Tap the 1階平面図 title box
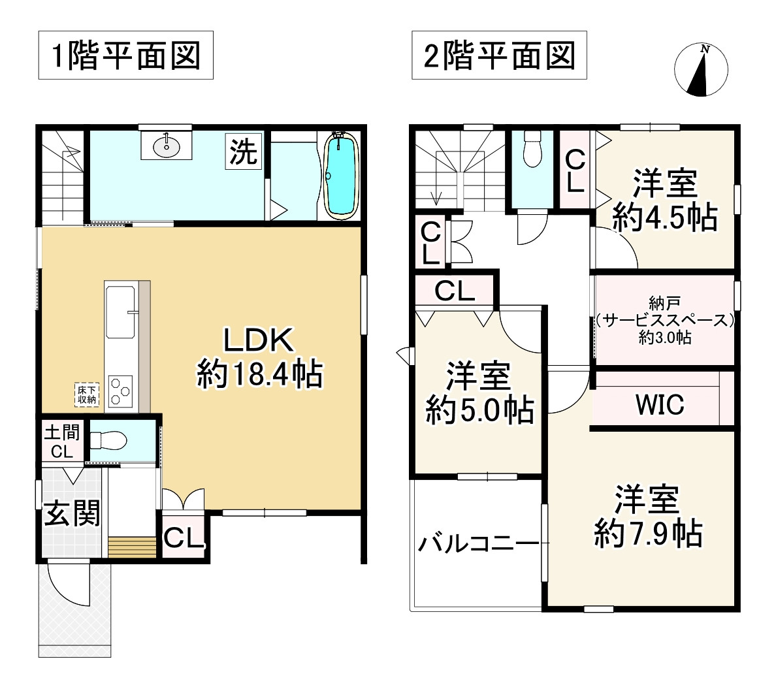click(126, 56)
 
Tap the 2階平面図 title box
click(500, 56)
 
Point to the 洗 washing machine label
click(243, 152)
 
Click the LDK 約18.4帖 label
click(259, 358)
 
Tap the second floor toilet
click(533, 151)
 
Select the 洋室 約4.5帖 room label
click(664, 200)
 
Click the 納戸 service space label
click(664, 320)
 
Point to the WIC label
click(660, 404)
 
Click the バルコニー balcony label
click(479, 543)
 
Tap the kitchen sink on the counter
click(120, 312)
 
